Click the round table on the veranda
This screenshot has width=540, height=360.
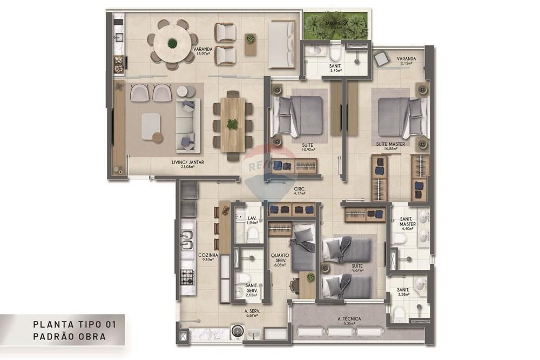point(172,44)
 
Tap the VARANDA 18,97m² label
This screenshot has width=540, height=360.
point(202,51)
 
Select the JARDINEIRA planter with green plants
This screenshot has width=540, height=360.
point(335,26)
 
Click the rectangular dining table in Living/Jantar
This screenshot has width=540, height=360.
point(232,124)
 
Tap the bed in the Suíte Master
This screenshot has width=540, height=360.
point(399,117)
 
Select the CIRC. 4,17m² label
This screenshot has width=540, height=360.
point(300,191)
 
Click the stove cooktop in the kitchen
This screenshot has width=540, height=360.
point(187,277)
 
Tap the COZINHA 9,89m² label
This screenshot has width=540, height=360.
point(207,257)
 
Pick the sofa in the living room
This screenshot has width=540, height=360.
point(187,125)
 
